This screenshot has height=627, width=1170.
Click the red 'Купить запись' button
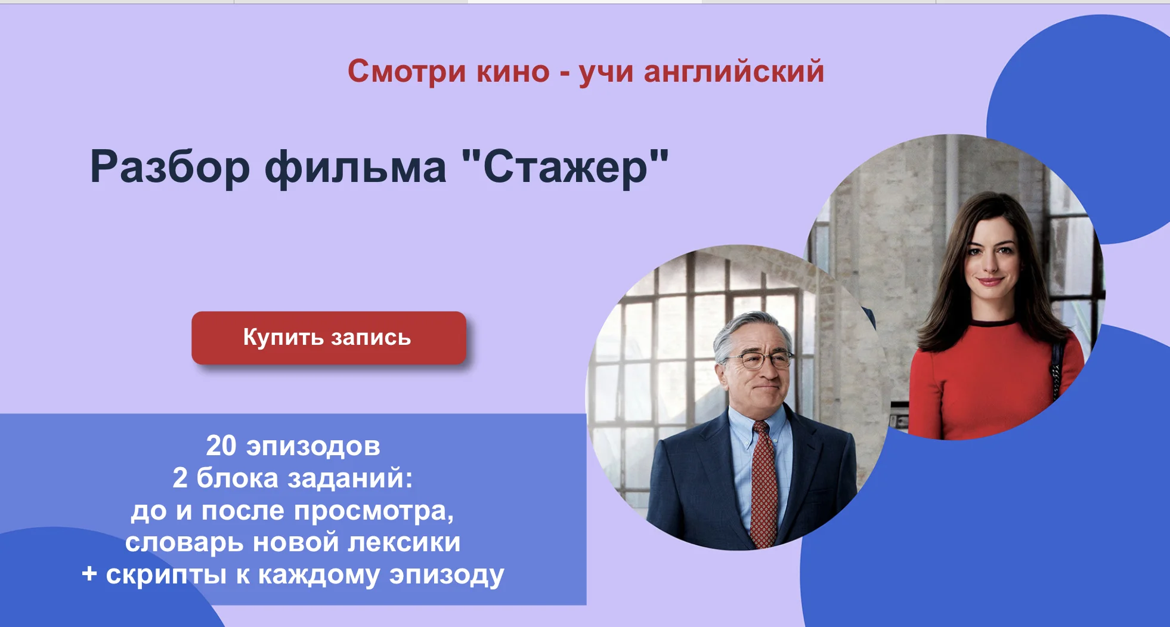click(x=329, y=338)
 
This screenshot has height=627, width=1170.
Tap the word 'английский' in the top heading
click(x=733, y=72)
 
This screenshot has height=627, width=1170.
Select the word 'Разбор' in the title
click(x=170, y=168)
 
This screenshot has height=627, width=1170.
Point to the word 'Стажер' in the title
click(x=565, y=168)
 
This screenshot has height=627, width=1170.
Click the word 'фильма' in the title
click(x=355, y=168)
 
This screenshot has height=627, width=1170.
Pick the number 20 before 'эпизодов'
click(x=221, y=446)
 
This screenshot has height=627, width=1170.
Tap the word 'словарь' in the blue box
click(x=185, y=543)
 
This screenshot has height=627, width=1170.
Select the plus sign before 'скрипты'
click(x=89, y=574)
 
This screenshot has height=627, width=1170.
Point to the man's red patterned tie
click(x=764, y=483)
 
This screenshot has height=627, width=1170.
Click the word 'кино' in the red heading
click(x=513, y=72)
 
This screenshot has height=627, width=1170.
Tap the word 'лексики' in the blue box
click(x=404, y=543)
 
